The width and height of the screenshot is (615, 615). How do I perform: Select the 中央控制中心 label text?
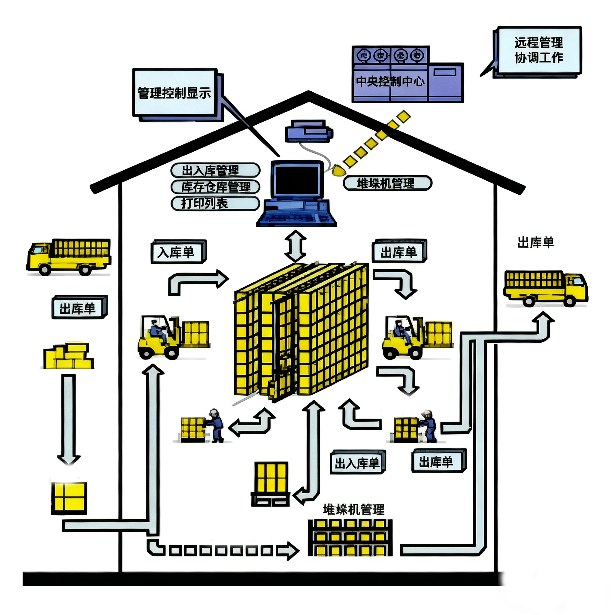coord(390,81)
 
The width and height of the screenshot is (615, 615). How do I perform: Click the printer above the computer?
coord(308,131)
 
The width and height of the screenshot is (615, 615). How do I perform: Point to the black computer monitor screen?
coord(297,180)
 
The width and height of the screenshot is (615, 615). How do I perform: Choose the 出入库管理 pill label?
coord(215,170)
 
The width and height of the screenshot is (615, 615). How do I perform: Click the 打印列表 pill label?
coord(215,203)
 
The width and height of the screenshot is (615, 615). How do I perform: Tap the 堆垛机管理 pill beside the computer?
coord(387,183)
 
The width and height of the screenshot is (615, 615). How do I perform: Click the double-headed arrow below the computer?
coord(295,246)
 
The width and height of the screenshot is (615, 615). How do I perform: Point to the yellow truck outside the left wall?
coord(69,257)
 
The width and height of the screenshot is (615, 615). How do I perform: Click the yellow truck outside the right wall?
coord(545,289)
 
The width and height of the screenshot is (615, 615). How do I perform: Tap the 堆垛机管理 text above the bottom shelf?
coord(353,510)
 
